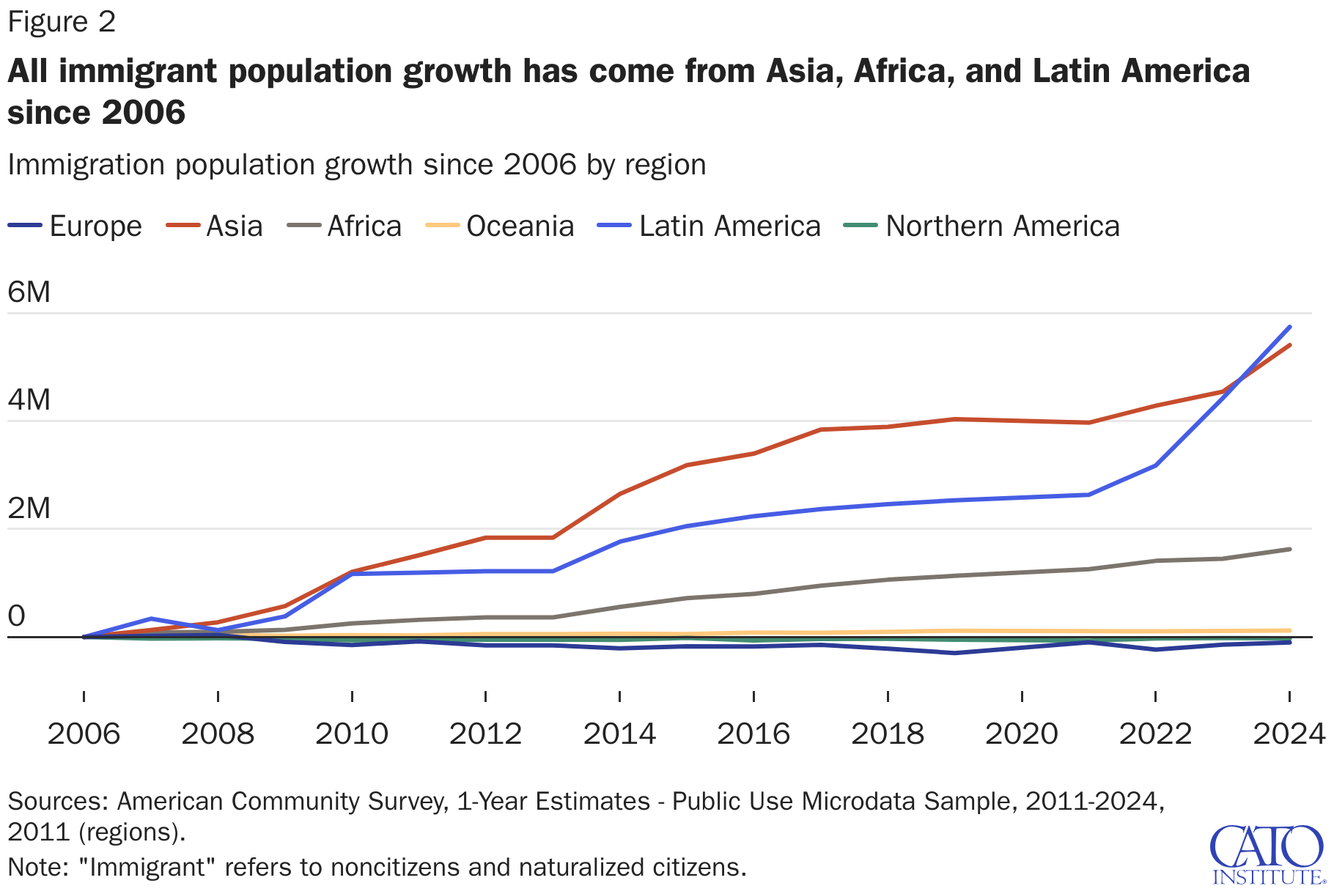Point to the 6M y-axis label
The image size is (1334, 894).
tap(29, 292)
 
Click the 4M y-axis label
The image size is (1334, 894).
tap(29, 400)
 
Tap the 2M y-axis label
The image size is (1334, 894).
tap(29, 508)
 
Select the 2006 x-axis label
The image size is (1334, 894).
tap(84, 734)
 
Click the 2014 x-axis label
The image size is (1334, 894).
tap(619, 734)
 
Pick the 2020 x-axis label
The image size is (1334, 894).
tap(1022, 734)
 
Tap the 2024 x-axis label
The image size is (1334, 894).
tap(1289, 734)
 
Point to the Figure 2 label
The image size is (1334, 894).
tap(62, 22)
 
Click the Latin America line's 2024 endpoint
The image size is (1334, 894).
tap(1290, 327)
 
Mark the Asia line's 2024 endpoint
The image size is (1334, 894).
tap(1290, 345)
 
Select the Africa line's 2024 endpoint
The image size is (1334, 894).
tap(1290, 549)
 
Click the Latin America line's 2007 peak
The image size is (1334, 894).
tap(151, 618)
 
